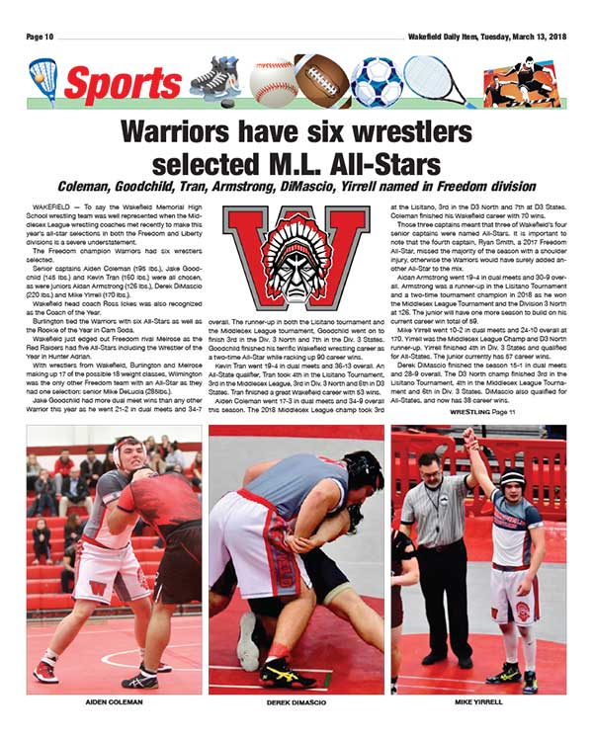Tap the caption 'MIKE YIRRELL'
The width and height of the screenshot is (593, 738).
[x=478, y=701]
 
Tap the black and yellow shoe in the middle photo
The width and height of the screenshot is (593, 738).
[x=287, y=674]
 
